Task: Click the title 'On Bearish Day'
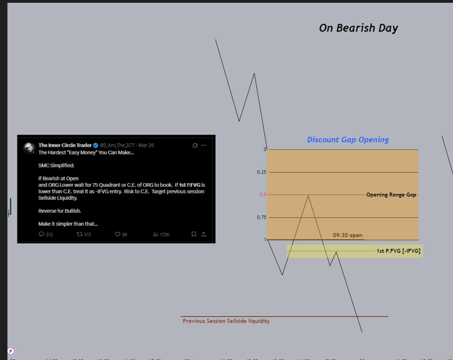358,28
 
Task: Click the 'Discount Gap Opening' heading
347,140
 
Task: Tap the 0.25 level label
261,172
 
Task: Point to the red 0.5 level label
263,195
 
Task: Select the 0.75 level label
261,217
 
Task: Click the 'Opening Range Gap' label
391,195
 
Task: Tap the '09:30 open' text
347,235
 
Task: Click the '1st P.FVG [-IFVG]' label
398,251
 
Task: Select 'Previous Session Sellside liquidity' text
226,321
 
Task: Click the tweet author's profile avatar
29,148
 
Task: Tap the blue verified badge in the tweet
96,145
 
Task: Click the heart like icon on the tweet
117,234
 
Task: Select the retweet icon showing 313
79,234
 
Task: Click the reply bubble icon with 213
41,234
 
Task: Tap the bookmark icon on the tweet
193,234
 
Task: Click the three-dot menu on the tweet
203,145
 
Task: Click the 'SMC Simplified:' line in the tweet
56,166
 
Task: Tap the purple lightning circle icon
11,351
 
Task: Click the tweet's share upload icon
203,234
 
